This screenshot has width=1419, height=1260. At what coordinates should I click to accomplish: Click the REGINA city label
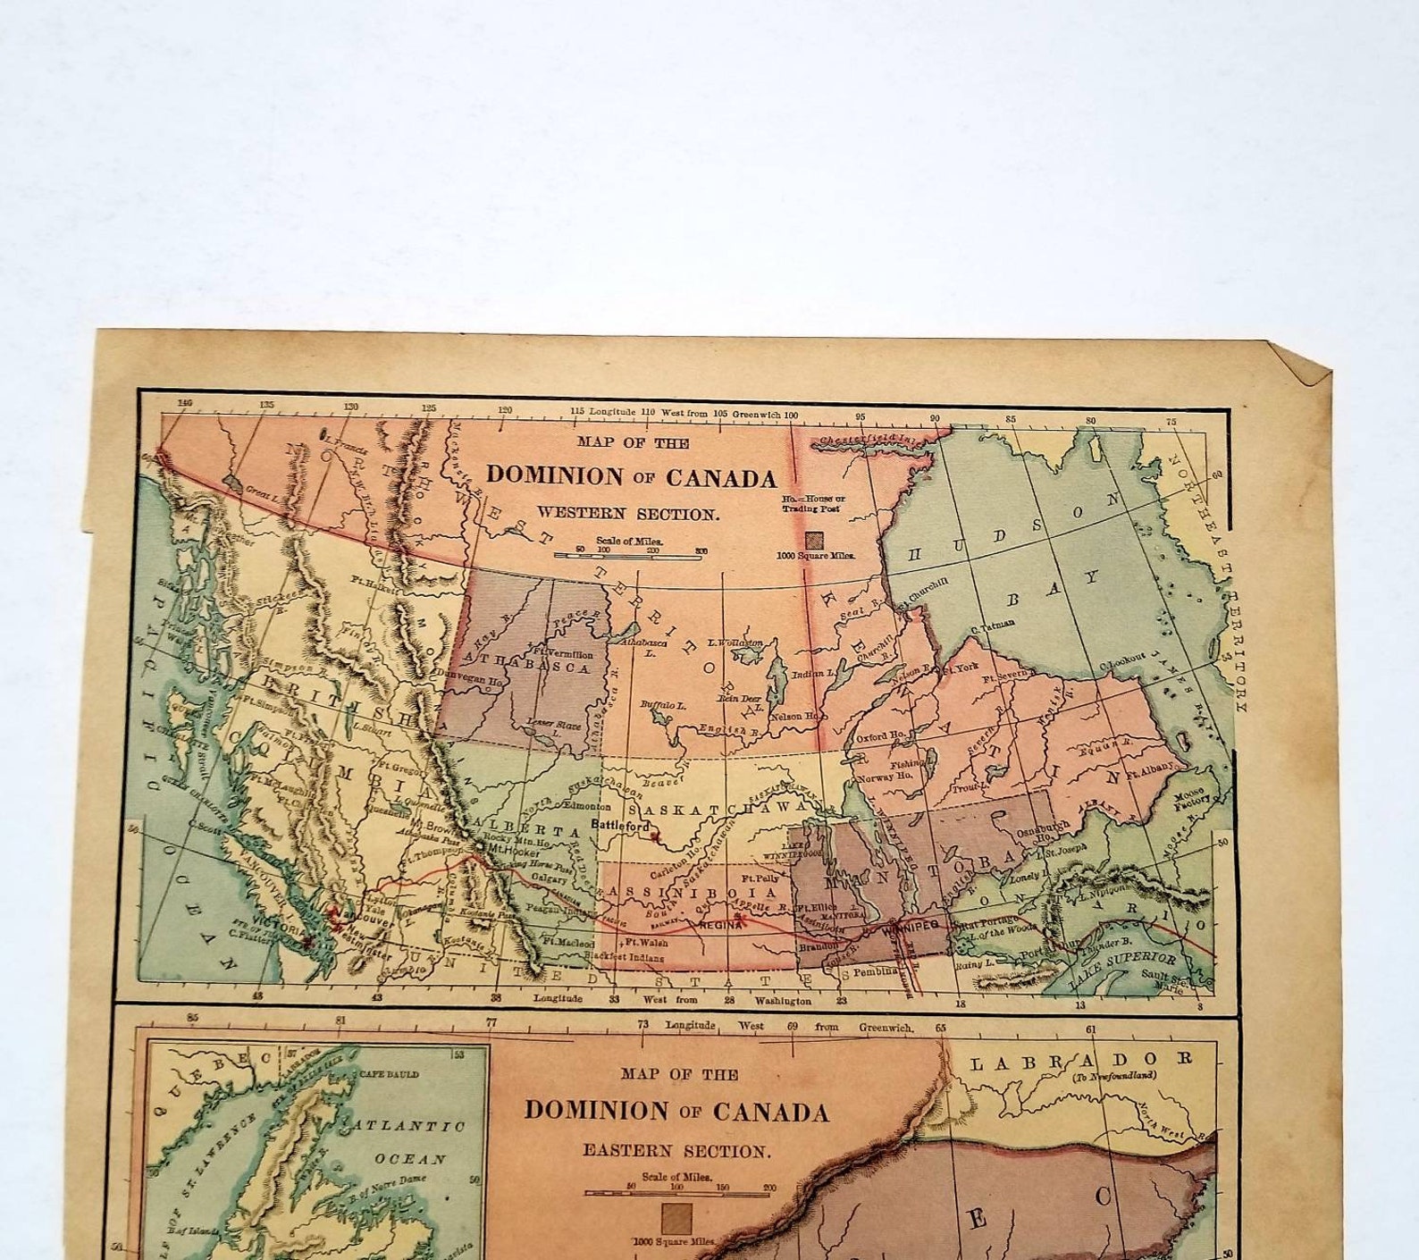721,926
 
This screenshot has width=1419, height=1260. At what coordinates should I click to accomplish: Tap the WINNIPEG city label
911,928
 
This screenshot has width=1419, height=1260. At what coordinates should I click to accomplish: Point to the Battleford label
621,826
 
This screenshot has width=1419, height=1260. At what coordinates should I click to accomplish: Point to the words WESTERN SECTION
627,514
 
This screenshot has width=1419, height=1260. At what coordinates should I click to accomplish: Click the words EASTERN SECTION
676,1151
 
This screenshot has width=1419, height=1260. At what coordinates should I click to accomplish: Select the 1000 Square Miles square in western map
814,540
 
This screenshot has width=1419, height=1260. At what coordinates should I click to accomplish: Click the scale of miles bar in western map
627,556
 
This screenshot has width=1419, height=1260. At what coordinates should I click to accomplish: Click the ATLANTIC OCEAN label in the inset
410,1142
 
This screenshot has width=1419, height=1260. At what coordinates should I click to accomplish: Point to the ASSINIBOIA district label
693,893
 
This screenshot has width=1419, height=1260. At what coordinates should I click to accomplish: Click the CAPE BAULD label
389,1074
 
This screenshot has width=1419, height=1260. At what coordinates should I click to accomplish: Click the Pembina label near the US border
874,971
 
